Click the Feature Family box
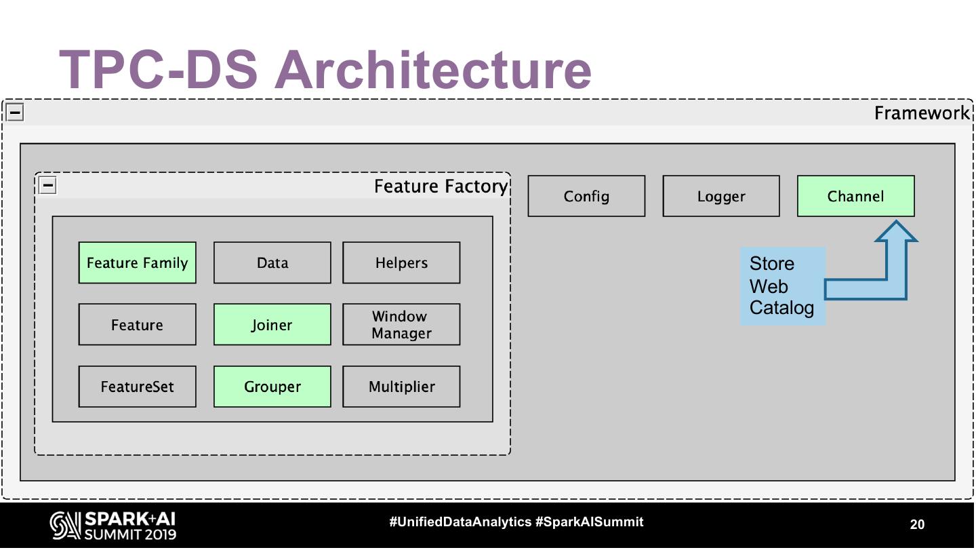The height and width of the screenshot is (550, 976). coord(137,262)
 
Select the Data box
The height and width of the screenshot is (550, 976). coord(272,262)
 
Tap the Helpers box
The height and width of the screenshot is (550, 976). coord(401,262)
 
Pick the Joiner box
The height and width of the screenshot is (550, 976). coord(272,325)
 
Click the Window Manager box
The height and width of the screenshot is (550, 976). coord(401,325)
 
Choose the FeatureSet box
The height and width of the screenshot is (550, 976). coord(137,387)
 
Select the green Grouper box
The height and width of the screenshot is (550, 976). coord(272,387)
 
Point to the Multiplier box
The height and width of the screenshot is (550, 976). coord(401,387)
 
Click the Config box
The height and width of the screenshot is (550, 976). coord(586,196)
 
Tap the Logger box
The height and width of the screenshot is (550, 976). coord(721,196)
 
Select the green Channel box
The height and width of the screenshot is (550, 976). coord(855,196)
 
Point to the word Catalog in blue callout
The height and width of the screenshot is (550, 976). coord(781,308)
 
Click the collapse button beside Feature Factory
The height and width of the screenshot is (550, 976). coord(47,185)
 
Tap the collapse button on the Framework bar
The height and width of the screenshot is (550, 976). coord(15,112)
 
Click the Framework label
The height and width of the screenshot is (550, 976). coord(922,113)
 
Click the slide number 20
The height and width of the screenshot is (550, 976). coord(916,524)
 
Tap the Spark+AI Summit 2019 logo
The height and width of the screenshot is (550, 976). coord(113,526)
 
